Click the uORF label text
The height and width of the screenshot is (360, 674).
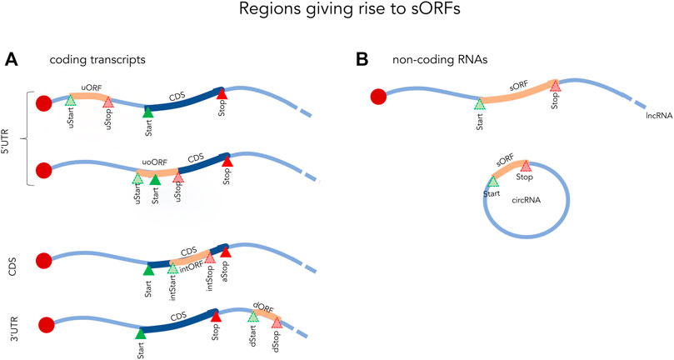[92, 88]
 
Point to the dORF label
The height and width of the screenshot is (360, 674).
[263, 308]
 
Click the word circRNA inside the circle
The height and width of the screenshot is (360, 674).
[527, 201]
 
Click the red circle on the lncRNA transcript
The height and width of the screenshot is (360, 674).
[379, 97]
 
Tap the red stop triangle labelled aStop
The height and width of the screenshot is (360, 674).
[226, 252]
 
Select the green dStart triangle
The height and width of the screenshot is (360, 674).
[253, 317]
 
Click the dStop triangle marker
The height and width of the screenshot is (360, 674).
[277, 322]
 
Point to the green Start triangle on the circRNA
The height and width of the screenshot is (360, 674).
[493, 182]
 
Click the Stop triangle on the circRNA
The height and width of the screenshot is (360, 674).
[526, 167]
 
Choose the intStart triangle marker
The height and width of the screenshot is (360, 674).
[172, 268]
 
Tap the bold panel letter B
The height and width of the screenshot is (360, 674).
[362, 60]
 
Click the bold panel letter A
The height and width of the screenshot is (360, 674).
[11, 60]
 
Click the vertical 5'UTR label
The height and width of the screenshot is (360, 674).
[7, 139]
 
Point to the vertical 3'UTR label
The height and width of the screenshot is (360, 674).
[12, 326]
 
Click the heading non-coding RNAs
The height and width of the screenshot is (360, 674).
[440, 60]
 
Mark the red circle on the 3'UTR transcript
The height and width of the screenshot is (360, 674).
[47, 325]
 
